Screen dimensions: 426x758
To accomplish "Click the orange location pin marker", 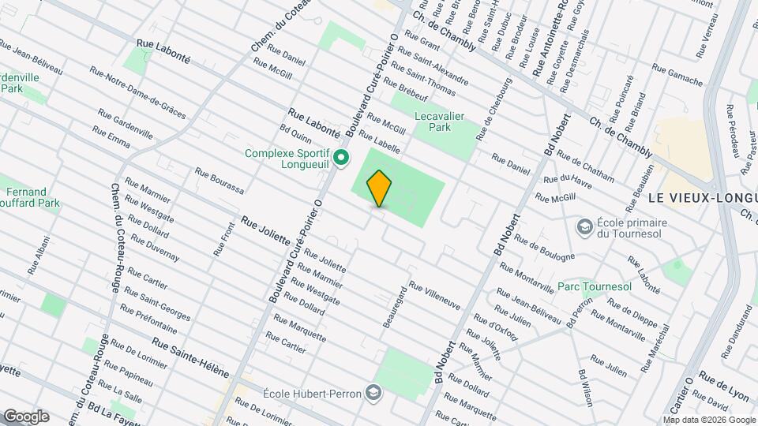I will [x=379, y=188].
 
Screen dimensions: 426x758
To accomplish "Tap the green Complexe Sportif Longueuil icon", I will [x=341, y=159].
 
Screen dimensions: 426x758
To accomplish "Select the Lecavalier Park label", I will [x=443, y=121].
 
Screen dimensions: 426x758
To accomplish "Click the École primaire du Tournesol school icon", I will [x=585, y=227].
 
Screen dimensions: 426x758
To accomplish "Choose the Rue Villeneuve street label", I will [x=434, y=296].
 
